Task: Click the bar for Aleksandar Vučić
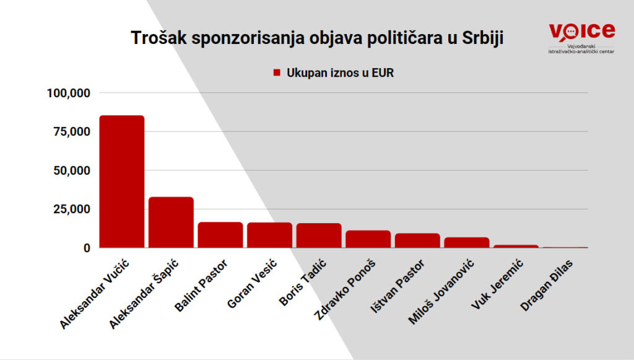(x=122, y=182)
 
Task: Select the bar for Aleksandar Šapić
(x=171, y=222)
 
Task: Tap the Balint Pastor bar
(x=220, y=235)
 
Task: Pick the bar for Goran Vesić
(x=269, y=235)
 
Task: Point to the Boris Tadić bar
(x=319, y=235)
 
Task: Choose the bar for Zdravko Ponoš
(x=368, y=239)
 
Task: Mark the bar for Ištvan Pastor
(x=417, y=240)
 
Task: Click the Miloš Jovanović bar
(x=467, y=242)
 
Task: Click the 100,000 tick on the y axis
(x=69, y=94)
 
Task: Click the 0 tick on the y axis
(x=87, y=248)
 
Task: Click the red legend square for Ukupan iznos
(x=277, y=73)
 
